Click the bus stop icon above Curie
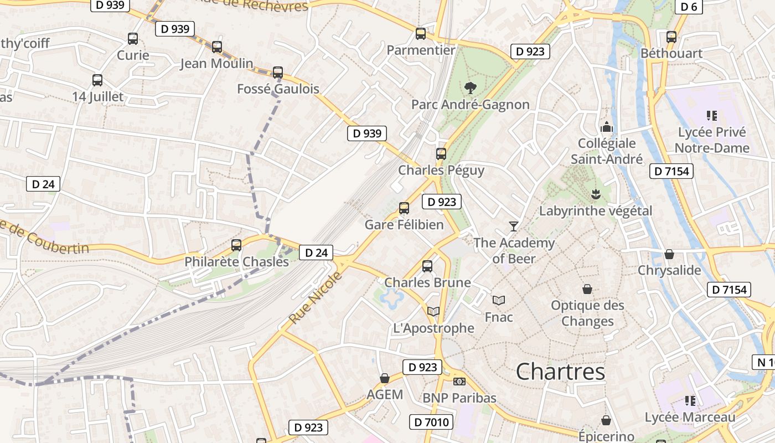pyautogui.click(x=133, y=39)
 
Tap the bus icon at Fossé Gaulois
pyautogui.click(x=278, y=73)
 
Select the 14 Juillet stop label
pyautogui.click(x=98, y=96)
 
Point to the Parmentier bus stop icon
pyautogui.click(x=421, y=34)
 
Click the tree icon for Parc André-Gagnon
pyautogui.click(x=470, y=87)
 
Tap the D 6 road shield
pyautogui.click(x=689, y=7)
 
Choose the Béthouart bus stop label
pyautogui.click(x=671, y=53)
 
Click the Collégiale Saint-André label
pyautogui.click(x=607, y=151)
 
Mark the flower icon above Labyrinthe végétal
pyautogui.click(x=596, y=194)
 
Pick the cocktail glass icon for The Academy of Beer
pyautogui.click(x=514, y=226)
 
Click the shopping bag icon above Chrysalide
pyautogui.click(x=669, y=254)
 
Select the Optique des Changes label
pyautogui.click(x=587, y=313)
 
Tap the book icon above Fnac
pyautogui.click(x=499, y=300)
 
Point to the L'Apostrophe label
pyautogui.click(x=433, y=328)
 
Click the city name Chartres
pyautogui.click(x=560, y=371)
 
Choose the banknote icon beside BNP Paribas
pyautogui.click(x=459, y=382)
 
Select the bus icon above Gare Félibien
pyautogui.click(x=404, y=208)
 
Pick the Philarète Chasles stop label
pyautogui.click(x=236, y=261)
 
